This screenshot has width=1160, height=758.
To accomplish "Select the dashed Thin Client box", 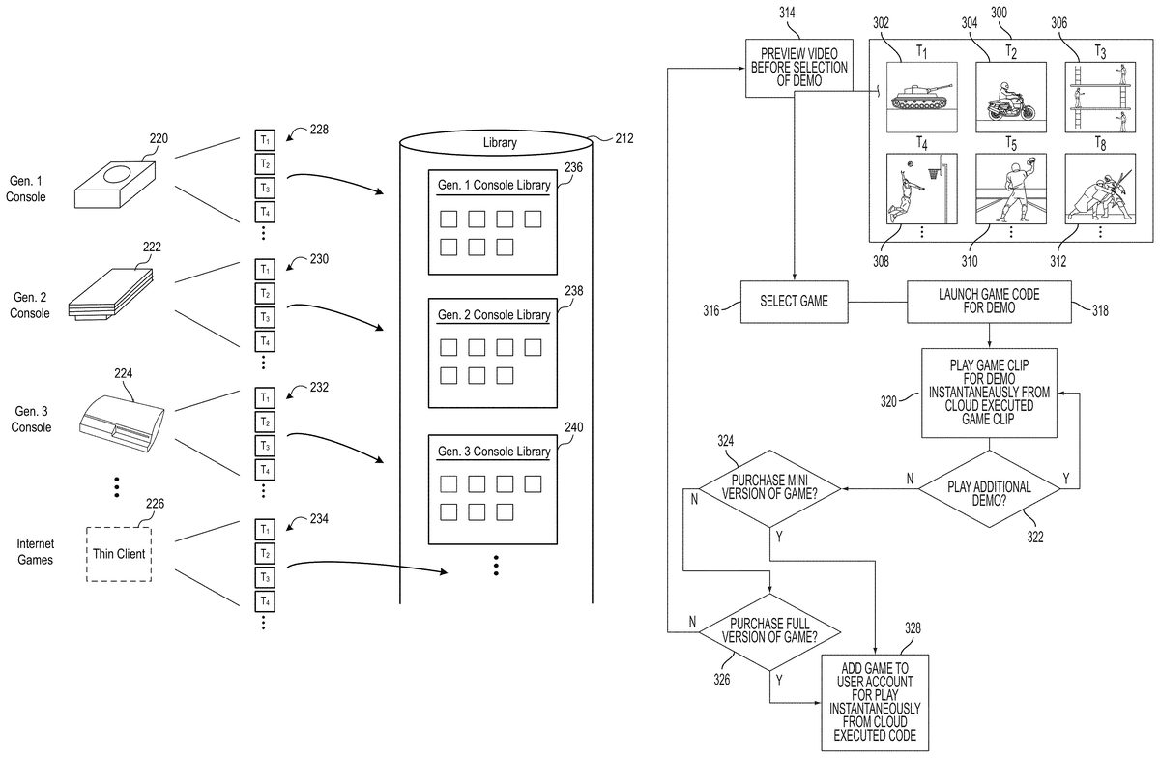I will [119, 553].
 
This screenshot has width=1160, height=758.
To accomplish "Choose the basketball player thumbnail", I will [922, 189].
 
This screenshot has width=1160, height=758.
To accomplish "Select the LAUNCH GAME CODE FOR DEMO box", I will [990, 301].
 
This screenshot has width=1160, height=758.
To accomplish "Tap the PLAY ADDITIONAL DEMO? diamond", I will [988, 487].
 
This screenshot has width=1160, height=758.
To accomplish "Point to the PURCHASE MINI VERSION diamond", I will [770, 487].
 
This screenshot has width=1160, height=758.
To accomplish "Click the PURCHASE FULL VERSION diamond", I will [770, 633].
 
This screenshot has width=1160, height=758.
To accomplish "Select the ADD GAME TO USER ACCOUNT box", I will [875, 701].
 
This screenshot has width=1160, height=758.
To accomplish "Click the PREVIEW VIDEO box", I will [798, 68].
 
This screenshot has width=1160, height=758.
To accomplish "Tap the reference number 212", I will [623, 139].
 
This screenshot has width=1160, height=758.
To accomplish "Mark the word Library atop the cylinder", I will [499, 143].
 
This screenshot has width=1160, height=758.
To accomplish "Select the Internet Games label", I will [35, 552].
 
